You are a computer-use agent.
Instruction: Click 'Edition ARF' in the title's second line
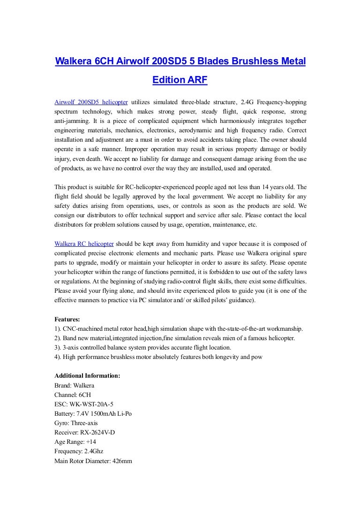[180, 80]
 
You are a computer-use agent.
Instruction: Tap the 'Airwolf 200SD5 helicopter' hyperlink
[91, 102]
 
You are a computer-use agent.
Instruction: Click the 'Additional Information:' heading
[88, 376]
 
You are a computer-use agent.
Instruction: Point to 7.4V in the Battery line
[86, 414]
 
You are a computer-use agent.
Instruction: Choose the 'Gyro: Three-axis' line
[76, 423]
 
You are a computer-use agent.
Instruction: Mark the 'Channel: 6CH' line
[73, 395]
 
